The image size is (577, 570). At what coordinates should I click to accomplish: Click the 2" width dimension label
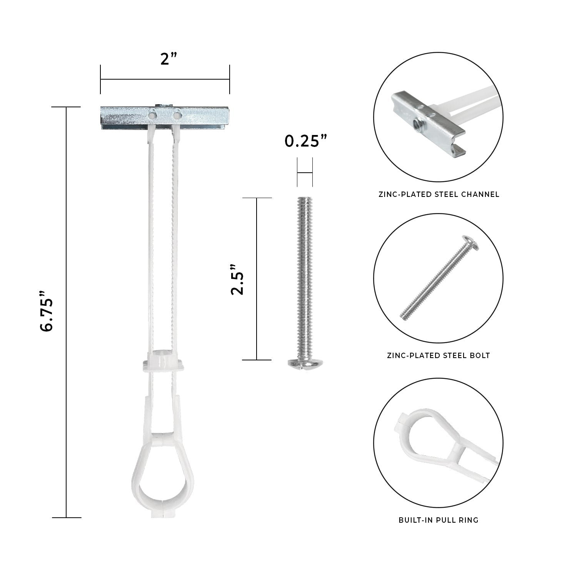pos(168,59)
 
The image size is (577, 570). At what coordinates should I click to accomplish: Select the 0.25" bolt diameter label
pos(306,142)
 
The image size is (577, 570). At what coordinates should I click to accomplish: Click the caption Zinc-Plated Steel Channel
pos(439,194)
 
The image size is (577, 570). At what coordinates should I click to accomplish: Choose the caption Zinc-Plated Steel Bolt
pos(439,355)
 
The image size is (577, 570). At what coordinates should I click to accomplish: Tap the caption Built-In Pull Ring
pos(439,520)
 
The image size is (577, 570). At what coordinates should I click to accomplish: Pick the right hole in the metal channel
pos(177,114)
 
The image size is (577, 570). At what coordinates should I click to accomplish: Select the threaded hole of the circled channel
pos(416,123)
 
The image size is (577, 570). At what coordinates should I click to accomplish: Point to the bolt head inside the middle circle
pos(471,243)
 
